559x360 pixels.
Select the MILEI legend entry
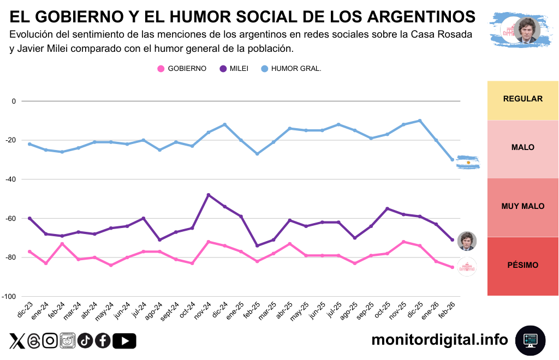coord(234,69)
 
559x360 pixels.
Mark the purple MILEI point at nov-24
coord(209,195)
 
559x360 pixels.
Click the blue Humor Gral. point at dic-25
coord(420,121)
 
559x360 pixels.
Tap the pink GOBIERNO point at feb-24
coord(62,244)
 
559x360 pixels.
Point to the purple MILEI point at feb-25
coord(257,245)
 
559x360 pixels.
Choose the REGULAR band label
coord(522,99)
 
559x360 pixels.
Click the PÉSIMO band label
coord(522,265)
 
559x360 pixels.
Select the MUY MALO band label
coord(522,206)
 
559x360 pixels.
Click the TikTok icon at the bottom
coord(85,341)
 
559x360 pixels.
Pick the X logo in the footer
coord(17,341)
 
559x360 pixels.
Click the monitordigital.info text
coord(439,340)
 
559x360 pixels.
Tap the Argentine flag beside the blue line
coord(468,163)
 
